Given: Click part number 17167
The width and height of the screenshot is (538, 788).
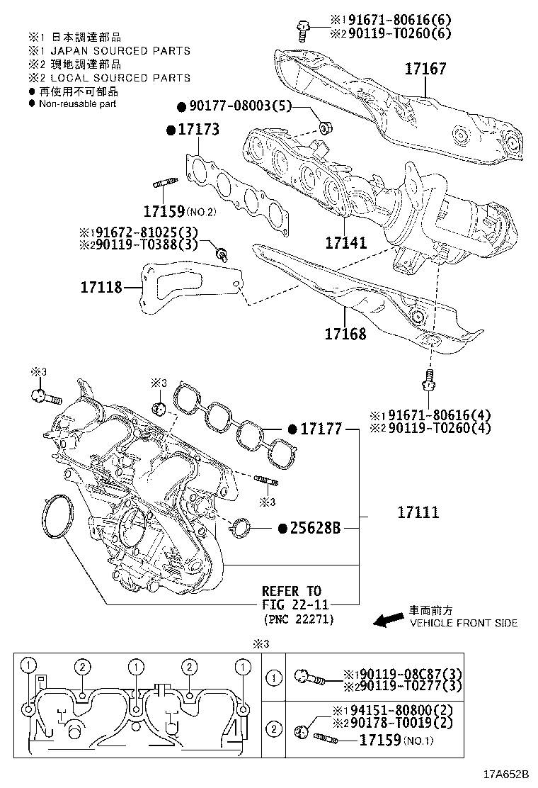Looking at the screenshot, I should click(425, 69).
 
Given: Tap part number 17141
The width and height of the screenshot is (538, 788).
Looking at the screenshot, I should click(346, 243).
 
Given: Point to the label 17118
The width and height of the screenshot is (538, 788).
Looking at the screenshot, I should click(101, 287).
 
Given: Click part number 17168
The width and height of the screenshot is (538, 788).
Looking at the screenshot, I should click(345, 333).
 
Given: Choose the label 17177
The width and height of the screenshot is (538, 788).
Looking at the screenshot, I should click(321, 429).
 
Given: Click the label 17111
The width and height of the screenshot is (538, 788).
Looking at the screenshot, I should click(417, 512).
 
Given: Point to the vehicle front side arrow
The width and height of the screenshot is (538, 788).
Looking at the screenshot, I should click(387, 621).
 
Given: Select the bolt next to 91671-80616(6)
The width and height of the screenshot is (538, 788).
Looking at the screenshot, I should click(303, 30).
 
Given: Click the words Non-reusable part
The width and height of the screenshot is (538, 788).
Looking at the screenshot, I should click(77, 103).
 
